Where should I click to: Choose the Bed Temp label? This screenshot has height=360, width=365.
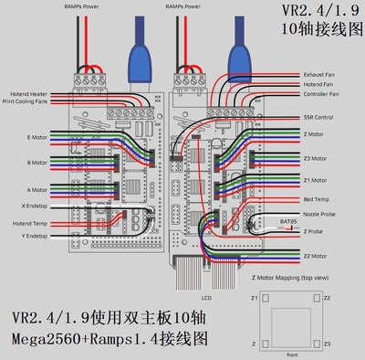pyautogui.click(x=315, y=198)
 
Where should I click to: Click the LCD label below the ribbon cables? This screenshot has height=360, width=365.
pyautogui.click(x=193, y=296)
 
